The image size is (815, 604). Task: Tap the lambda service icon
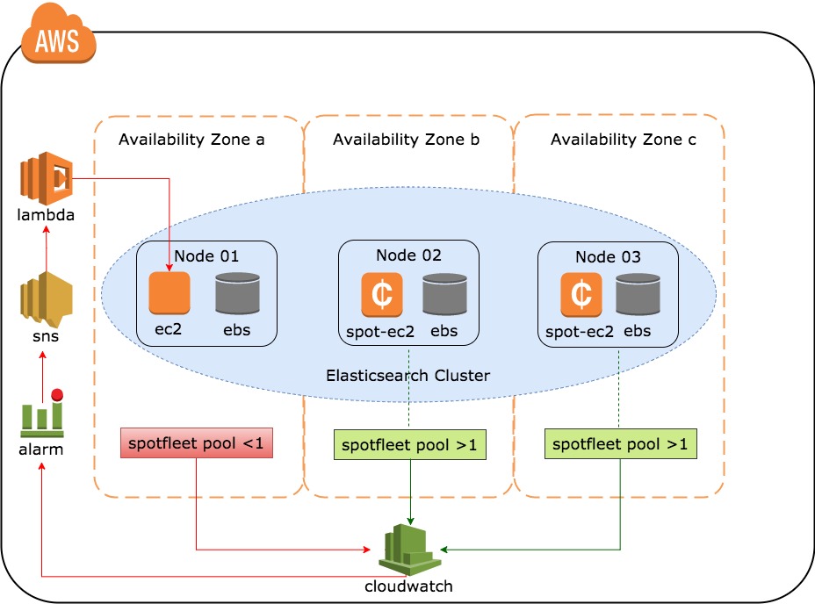coord(45,179)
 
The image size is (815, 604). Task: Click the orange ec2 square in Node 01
coord(169,294)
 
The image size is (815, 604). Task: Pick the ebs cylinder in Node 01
coord(237,294)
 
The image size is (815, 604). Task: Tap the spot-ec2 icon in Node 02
coord(382,295)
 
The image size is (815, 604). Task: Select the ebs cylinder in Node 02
coord(444,295)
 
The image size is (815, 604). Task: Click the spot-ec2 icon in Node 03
coord(581,295)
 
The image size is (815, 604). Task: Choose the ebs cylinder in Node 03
coord(638,295)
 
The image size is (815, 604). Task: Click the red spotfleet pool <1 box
coord(196,443)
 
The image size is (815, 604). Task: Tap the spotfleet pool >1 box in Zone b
coord(410,445)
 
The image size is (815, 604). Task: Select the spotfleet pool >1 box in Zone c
coord(620,444)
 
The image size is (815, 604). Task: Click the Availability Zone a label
coord(191,140)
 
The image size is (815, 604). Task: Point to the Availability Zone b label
coord(407,140)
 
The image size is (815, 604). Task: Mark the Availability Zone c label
coord(624,140)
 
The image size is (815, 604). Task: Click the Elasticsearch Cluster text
coord(407,375)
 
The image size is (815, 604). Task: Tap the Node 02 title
coord(408,255)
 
